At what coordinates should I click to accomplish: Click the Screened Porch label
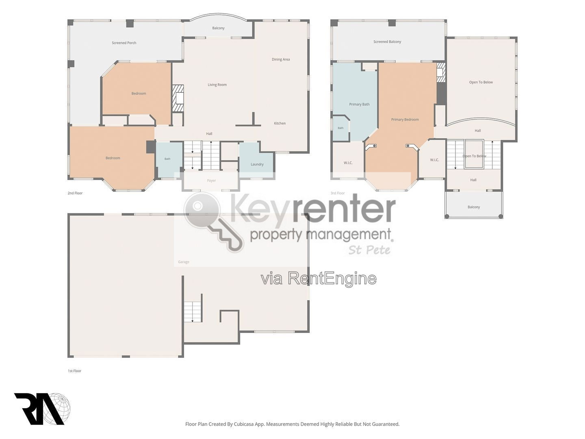pos(124,43)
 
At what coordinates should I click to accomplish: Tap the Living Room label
pos(217,85)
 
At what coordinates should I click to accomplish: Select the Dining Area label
pos(281,59)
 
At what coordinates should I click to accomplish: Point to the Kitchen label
pos(279,124)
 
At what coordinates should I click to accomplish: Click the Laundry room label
pos(257,165)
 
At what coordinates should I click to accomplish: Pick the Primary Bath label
pos(359,104)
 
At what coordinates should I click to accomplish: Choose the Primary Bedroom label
pos(405,120)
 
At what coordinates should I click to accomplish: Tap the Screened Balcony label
pos(387,42)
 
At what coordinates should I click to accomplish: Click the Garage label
pos(184,262)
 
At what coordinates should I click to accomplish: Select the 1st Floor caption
pos(75,371)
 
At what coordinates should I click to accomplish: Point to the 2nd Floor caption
pos(75,193)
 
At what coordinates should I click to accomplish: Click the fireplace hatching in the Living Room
pos(178,98)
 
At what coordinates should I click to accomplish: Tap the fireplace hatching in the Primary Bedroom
pos(441,73)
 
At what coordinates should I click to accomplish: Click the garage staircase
pos(193,312)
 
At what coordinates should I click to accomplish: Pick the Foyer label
pos(211,181)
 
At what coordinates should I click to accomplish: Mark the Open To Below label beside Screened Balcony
pos(481,83)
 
